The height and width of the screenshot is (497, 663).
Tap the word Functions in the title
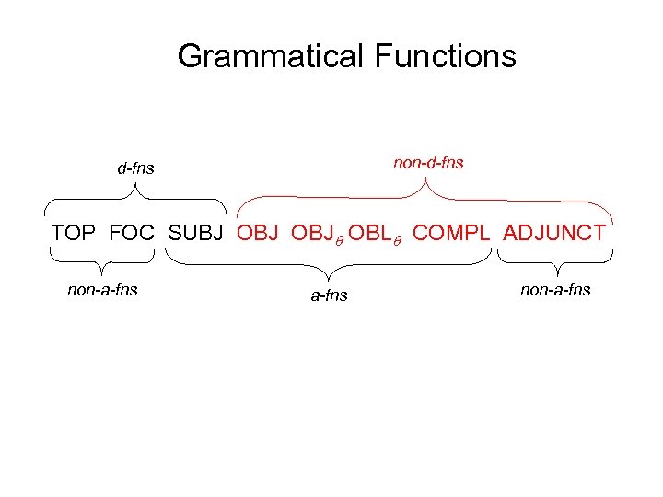click(446, 56)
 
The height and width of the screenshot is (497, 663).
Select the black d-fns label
click(135, 168)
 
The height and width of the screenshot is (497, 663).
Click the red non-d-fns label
click(428, 163)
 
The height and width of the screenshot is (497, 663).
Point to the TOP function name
click(75, 233)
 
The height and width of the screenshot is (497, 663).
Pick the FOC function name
click(133, 233)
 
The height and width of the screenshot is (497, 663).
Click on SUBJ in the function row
click(197, 233)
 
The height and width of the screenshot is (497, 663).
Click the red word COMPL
click(453, 233)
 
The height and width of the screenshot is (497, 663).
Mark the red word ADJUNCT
click(554, 233)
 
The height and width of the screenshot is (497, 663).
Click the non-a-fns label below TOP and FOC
click(102, 290)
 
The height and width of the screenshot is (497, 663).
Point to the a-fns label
click(329, 295)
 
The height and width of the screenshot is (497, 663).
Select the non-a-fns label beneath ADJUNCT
click(555, 290)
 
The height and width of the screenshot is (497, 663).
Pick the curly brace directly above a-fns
click(329, 266)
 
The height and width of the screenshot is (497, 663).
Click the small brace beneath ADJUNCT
click(555, 266)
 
